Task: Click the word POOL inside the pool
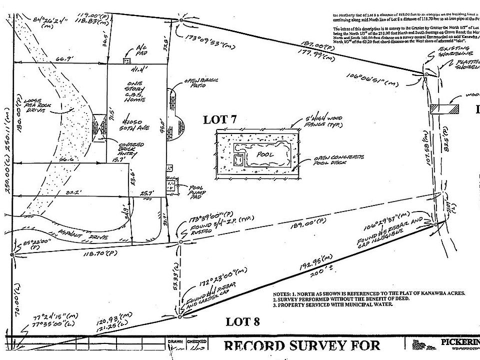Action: tap(265, 154)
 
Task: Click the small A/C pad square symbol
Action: tap(126, 60)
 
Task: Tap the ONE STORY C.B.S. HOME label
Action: tap(136, 92)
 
